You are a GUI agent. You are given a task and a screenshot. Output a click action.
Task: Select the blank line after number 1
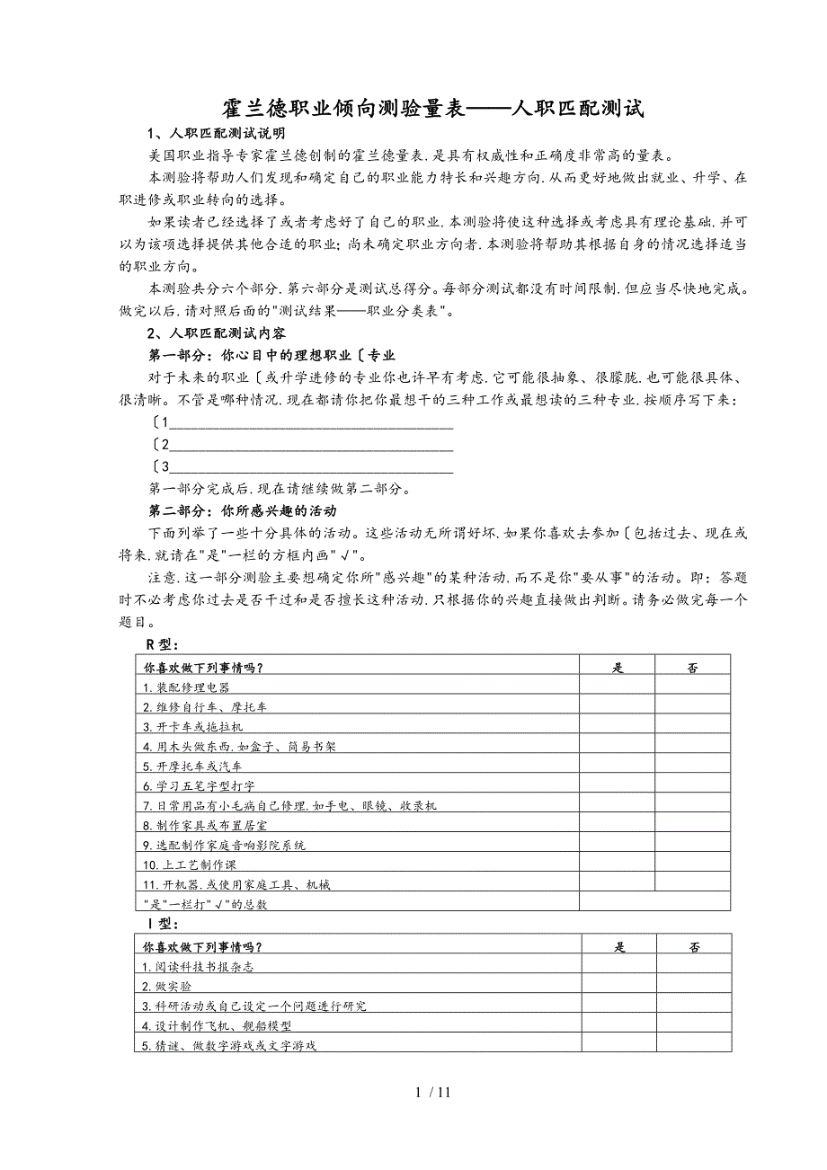tap(310, 422)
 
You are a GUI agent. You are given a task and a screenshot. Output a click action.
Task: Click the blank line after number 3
tap(310, 466)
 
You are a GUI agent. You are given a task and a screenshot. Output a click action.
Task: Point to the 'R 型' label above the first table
tap(162, 644)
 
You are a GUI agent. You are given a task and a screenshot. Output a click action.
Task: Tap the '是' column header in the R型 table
tap(617, 667)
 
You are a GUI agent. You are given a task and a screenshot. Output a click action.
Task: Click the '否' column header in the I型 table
tap(694, 946)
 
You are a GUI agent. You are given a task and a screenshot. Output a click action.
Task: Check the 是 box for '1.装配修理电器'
tap(617, 687)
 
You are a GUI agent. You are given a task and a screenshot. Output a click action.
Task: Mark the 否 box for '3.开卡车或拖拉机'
tap(692, 726)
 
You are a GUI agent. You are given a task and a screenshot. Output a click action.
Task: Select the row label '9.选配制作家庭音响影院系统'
tap(224, 845)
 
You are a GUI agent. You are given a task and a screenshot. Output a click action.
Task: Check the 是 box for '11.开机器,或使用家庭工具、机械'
tap(617, 884)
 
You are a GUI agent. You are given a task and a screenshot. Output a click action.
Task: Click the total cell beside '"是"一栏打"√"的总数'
tap(654, 903)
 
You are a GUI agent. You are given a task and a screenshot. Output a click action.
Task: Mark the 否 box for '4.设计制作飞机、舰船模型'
tap(694, 1025)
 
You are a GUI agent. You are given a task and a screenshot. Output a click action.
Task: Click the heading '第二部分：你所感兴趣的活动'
tap(243, 510)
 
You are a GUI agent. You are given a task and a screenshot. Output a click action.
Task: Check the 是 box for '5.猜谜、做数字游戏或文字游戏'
tap(618, 1045)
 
